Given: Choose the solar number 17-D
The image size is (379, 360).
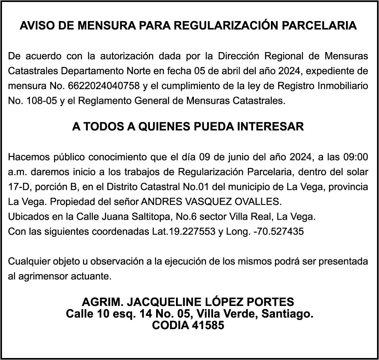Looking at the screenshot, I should pos(18,187).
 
